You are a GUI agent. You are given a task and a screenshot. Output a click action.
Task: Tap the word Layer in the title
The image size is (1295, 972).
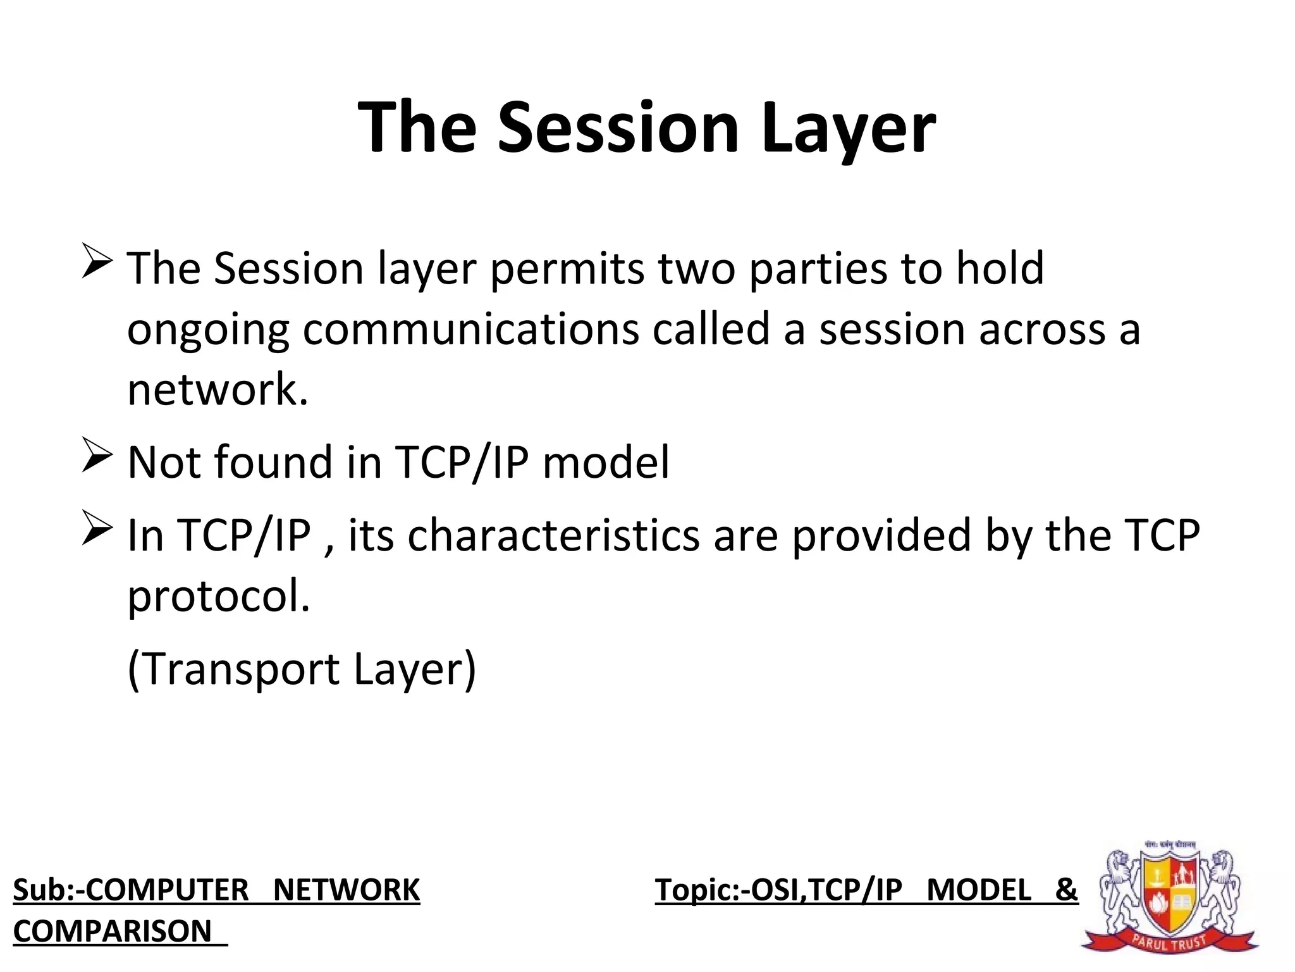pyautogui.click(x=848, y=128)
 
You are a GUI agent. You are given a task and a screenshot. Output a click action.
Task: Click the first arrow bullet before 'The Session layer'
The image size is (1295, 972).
pyautogui.click(x=97, y=263)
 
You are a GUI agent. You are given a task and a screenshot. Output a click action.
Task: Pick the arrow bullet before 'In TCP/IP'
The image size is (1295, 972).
pyautogui.click(x=97, y=530)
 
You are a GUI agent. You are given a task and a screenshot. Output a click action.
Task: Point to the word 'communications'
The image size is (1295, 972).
pyautogui.click(x=471, y=329)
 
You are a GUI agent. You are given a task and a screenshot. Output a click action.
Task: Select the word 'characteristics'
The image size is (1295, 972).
pyautogui.click(x=553, y=535)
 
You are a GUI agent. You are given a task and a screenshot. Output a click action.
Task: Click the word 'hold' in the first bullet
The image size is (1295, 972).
pyautogui.click(x=999, y=268)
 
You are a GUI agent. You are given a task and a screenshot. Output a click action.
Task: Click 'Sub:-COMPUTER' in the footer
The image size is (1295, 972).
pyautogui.click(x=131, y=890)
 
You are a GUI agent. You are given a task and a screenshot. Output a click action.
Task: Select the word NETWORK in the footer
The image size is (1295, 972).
pyautogui.click(x=347, y=890)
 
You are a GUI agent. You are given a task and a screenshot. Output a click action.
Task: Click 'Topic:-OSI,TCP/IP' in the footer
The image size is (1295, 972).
pyautogui.click(x=778, y=890)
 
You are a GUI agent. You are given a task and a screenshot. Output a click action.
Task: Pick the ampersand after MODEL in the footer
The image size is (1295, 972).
pyautogui.click(x=1066, y=889)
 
